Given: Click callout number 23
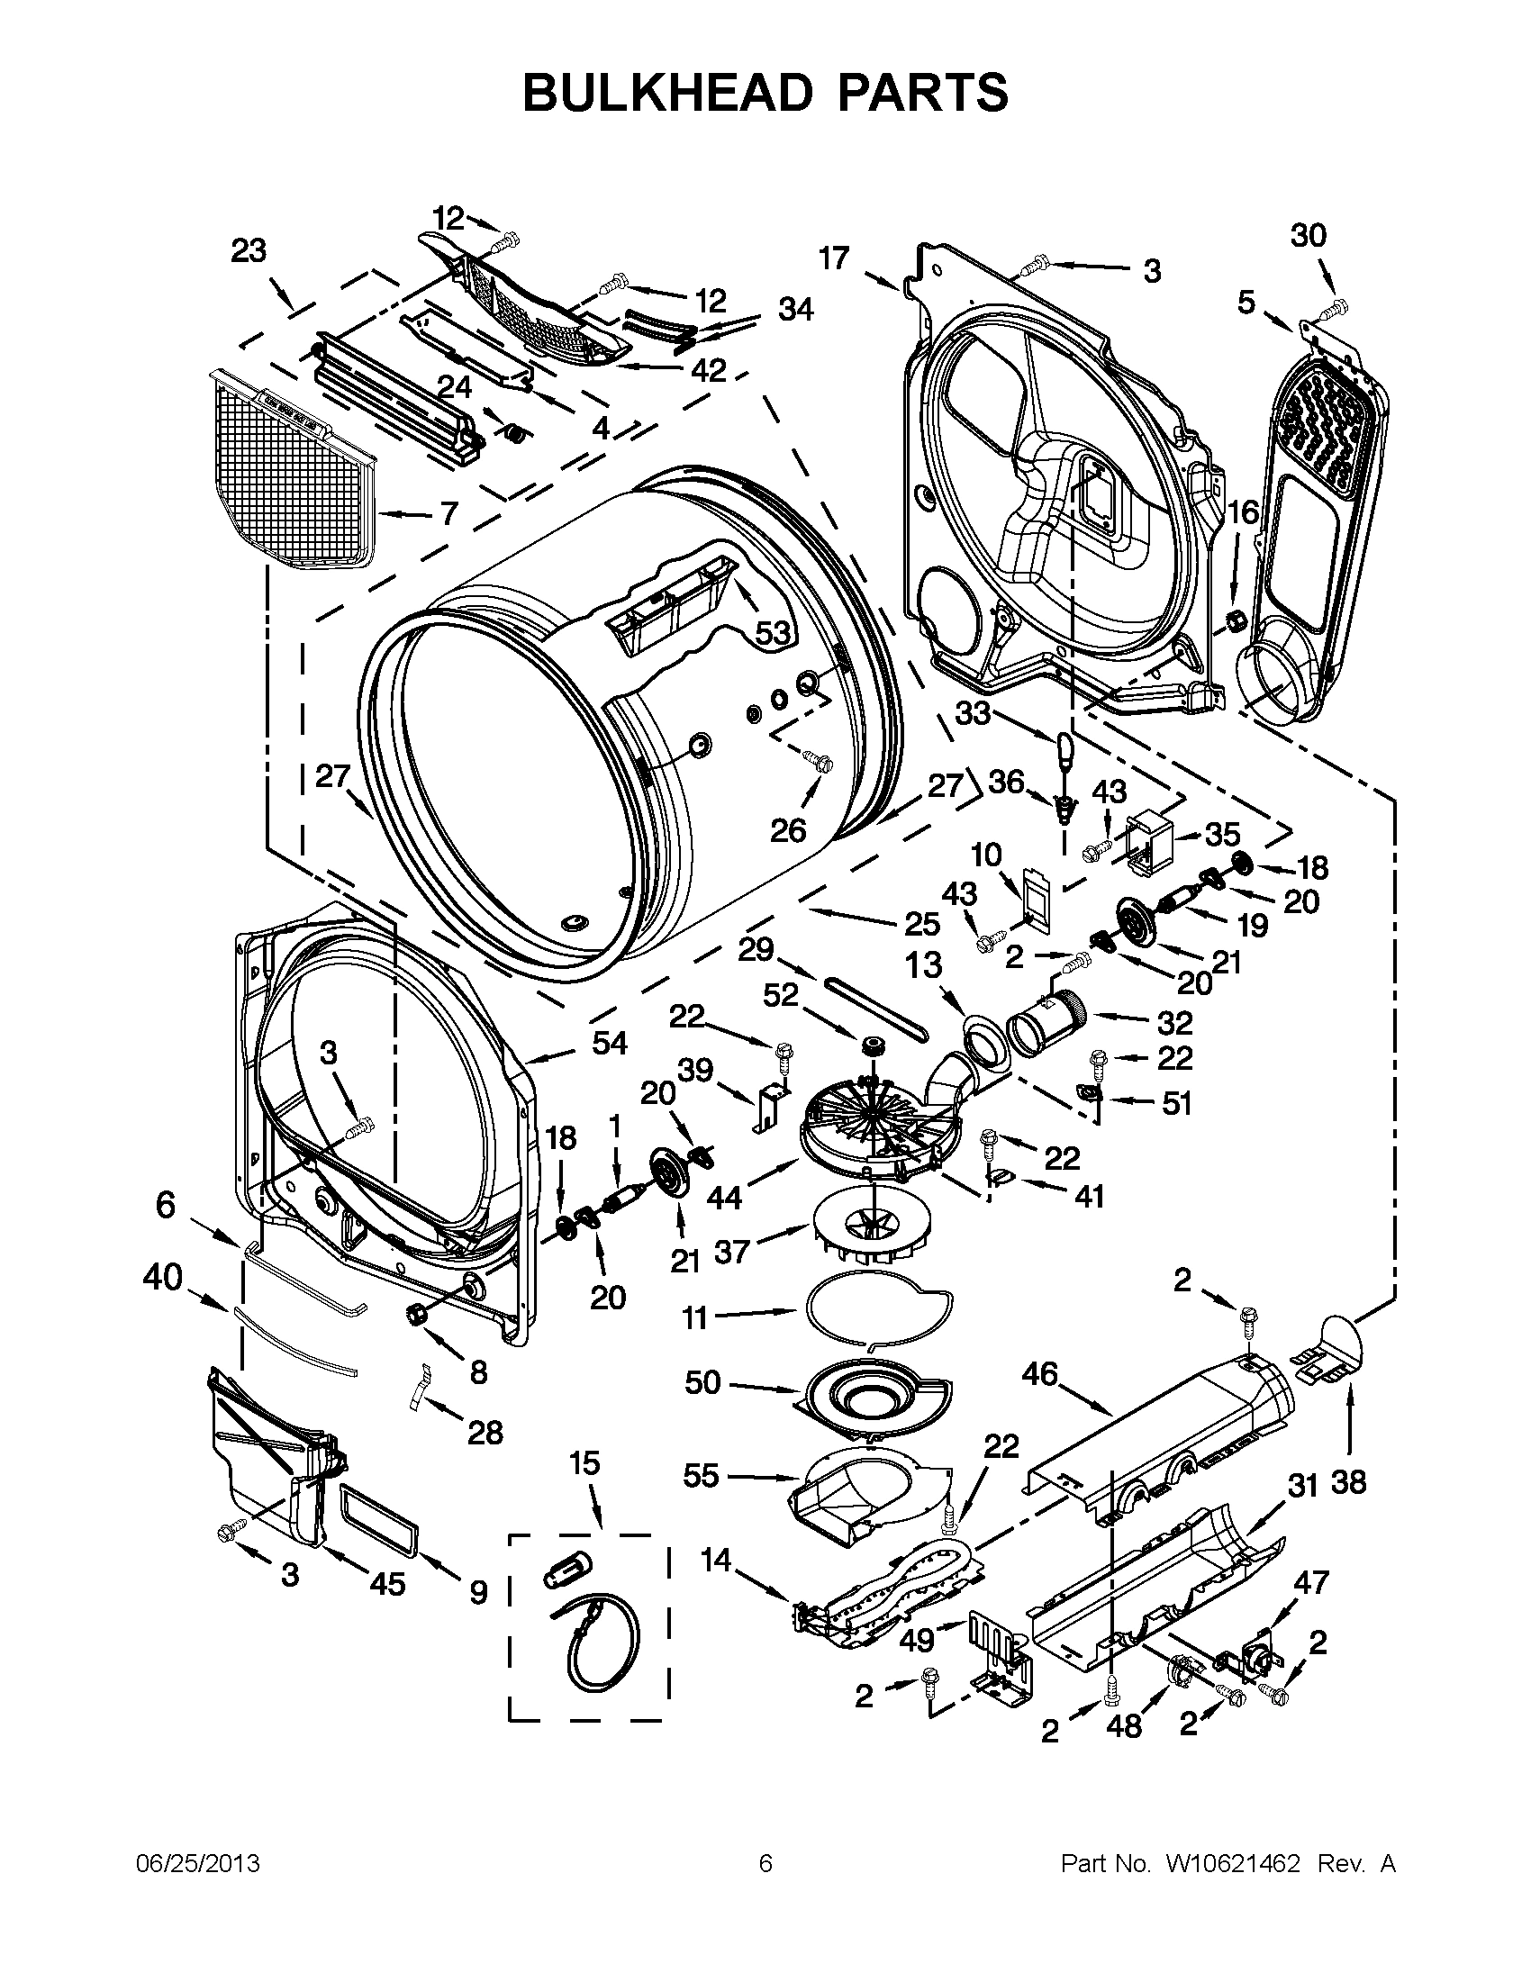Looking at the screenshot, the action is (x=249, y=250).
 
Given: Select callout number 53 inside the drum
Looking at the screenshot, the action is (x=773, y=632).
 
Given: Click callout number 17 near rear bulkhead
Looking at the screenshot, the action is (x=833, y=258).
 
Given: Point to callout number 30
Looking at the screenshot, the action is (x=1308, y=235).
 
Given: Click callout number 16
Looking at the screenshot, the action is (x=1244, y=512).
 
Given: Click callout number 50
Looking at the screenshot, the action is (x=702, y=1382).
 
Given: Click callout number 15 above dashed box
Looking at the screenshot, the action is (x=584, y=1463).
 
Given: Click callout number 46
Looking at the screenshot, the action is (x=1039, y=1374).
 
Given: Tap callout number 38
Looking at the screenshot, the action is (x=1348, y=1483).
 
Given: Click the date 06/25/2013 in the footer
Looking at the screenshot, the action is (x=198, y=1864).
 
